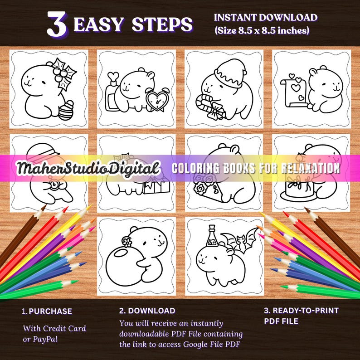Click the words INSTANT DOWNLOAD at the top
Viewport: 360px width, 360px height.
pos(265,18)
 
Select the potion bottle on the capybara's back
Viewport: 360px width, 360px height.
pos(211,237)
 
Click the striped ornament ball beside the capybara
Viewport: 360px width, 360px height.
pos(66,111)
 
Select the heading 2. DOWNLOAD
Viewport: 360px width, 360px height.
pos(147,311)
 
